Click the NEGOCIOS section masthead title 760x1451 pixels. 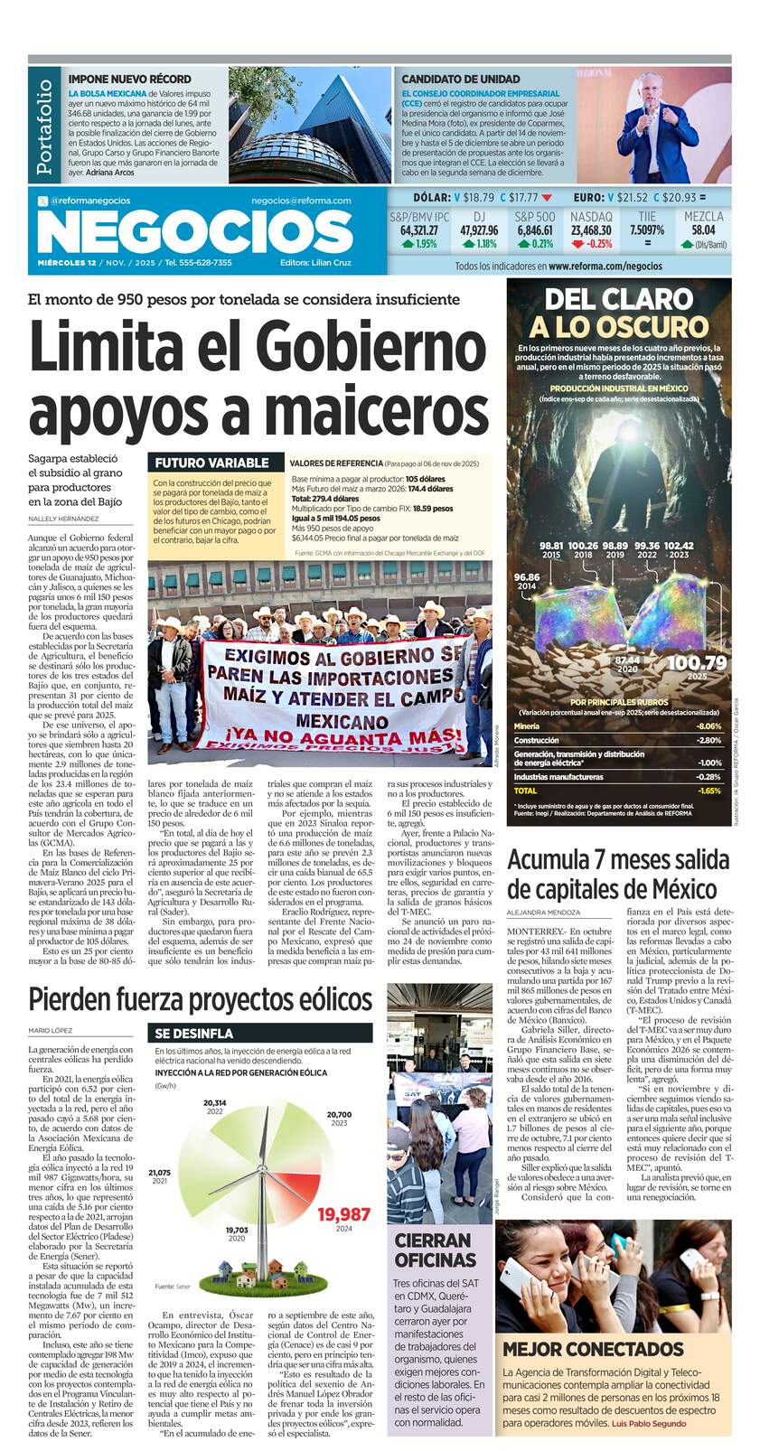coord(195,233)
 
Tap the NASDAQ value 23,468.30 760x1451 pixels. coord(590,230)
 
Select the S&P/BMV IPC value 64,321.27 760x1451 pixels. coord(418,230)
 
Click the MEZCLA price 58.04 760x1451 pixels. coord(703,230)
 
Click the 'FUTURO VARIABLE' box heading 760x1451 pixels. coord(211,463)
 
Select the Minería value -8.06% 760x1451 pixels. coord(708,725)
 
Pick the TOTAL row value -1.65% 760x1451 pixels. coord(709,791)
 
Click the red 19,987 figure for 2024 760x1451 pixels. coord(343,1214)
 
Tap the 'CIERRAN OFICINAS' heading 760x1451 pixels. coord(435,1250)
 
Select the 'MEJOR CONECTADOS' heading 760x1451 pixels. coord(593,1349)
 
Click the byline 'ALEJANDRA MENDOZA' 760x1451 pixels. coord(544,913)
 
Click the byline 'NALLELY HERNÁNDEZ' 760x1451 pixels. coord(63,519)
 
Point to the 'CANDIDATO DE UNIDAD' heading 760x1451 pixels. coord(460,80)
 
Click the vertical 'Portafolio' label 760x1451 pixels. coord(44,126)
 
